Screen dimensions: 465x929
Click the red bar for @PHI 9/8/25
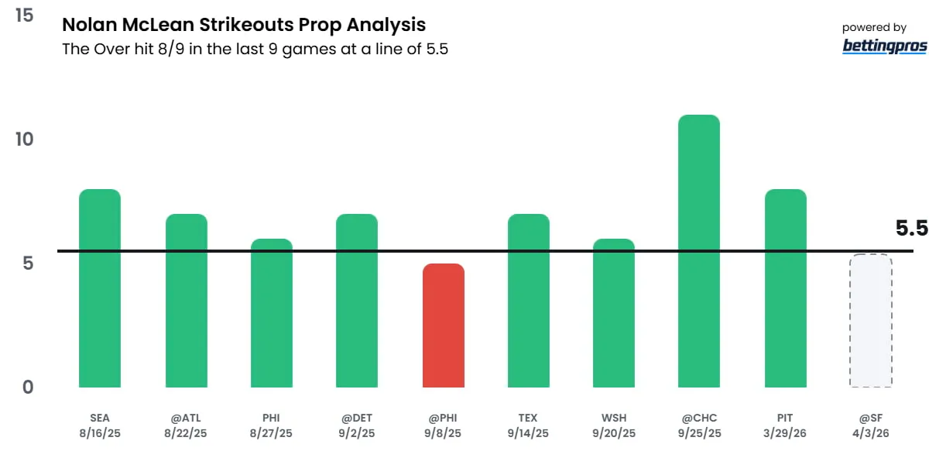coord(444,325)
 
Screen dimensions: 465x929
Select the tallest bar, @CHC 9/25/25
coord(699,251)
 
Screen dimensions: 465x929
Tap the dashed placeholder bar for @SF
coord(871,321)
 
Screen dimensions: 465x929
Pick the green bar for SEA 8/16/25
coord(100,288)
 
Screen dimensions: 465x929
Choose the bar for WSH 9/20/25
coord(614,313)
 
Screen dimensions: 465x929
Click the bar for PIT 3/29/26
coord(786,288)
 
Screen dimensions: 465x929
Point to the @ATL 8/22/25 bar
coord(187,301)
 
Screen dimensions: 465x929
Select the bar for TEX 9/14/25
coord(529,301)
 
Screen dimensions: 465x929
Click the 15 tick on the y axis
coord(24,15)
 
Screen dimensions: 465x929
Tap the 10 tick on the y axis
coord(24,139)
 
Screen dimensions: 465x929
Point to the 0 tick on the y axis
coord(28,387)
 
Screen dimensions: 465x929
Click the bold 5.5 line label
coord(911,229)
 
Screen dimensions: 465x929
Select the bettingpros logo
coord(884,46)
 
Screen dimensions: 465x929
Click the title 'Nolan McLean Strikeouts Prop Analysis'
coord(244,25)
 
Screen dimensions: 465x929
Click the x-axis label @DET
coord(357,418)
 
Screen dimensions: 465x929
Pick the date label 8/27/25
coord(271,433)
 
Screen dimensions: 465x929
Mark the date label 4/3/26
coord(871,433)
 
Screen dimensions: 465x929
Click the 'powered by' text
coord(874,28)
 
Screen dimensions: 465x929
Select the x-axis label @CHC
coord(699,418)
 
